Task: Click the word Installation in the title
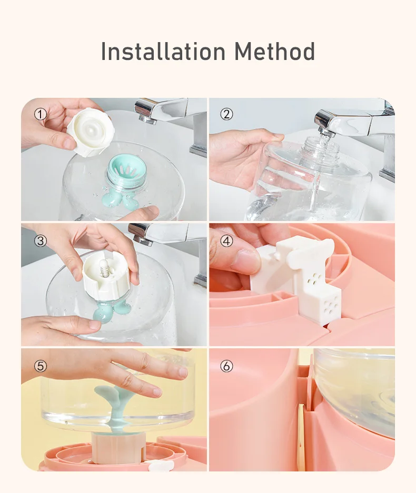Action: [x=163, y=51]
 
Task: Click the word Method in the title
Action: [x=274, y=51]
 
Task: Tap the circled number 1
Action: [x=40, y=115]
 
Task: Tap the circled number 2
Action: [x=226, y=115]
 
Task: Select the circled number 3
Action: [x=40, y=241]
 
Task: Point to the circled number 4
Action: [x=226, y=241]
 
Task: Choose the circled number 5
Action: [x=40, y=366]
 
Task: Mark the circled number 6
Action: [x=226, y=366]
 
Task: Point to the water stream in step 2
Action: [x=318, y=176]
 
